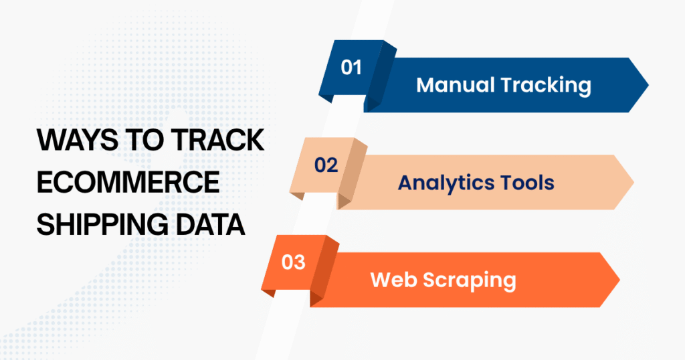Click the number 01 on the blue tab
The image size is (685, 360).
coord(351,68)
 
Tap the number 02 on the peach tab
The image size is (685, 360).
coord(326,165)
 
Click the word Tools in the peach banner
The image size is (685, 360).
coord(525,182)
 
